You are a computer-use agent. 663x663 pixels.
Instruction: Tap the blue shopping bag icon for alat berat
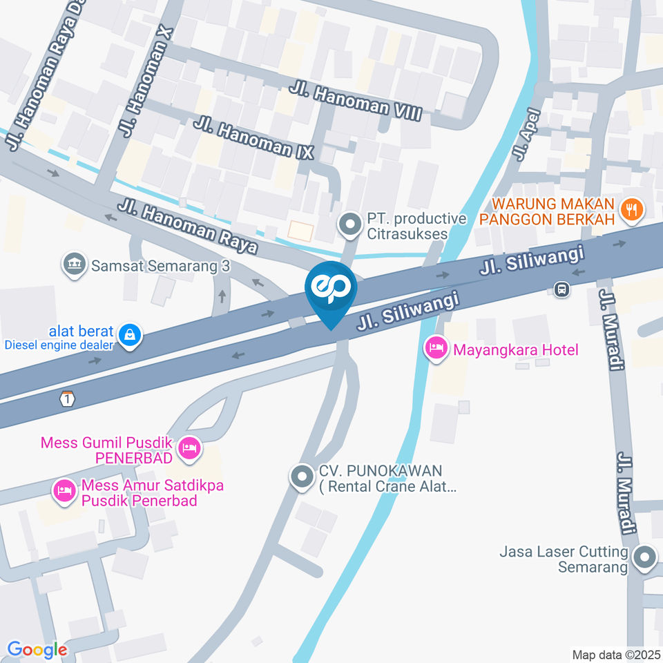[128, 336]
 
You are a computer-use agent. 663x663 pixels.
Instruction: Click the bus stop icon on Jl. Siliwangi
[562, 289]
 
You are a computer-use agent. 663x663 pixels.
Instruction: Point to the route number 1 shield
[66, 398]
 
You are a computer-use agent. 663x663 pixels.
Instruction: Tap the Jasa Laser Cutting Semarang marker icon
[645, 557]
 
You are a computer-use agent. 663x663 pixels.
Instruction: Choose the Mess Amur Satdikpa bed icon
[64, 492]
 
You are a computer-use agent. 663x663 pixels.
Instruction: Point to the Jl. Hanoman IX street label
[253, 138]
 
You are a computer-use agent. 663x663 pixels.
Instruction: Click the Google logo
[37, 649]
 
